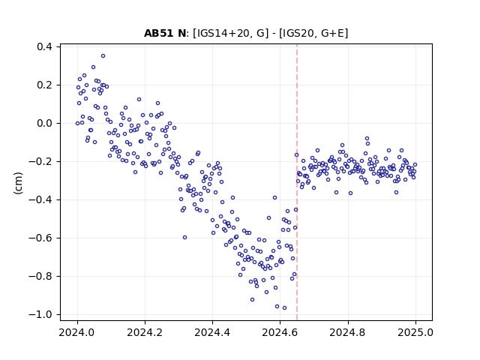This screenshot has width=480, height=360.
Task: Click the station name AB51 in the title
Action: pos(158,33)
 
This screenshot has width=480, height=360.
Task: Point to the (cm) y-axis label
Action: pos(18,183)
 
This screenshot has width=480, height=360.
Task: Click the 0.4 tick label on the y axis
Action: pos(44,46)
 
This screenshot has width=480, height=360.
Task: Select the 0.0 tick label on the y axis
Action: pos(44,123)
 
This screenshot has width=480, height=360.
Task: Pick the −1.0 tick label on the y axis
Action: pos(40,315)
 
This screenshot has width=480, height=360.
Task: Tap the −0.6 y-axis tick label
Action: pos(40,238)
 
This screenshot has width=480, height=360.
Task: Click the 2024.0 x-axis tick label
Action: pos(77,332)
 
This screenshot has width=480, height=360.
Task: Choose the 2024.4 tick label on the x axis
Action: pos(212,332)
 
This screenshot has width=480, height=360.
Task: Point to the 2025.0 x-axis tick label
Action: pos(415,332)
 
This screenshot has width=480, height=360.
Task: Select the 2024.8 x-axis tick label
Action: pos(347,332)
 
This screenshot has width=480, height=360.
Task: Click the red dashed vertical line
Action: pos(297,182)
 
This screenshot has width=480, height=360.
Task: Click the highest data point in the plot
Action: pos(103,56)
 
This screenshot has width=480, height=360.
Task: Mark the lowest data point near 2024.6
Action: pos(284,308)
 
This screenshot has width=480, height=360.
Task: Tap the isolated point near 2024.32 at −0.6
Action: pos(184,238)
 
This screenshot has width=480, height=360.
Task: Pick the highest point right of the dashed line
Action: pos(367,139)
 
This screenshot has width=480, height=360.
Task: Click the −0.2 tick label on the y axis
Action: pos(40,162)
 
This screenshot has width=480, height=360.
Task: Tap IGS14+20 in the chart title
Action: pos(220,33)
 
